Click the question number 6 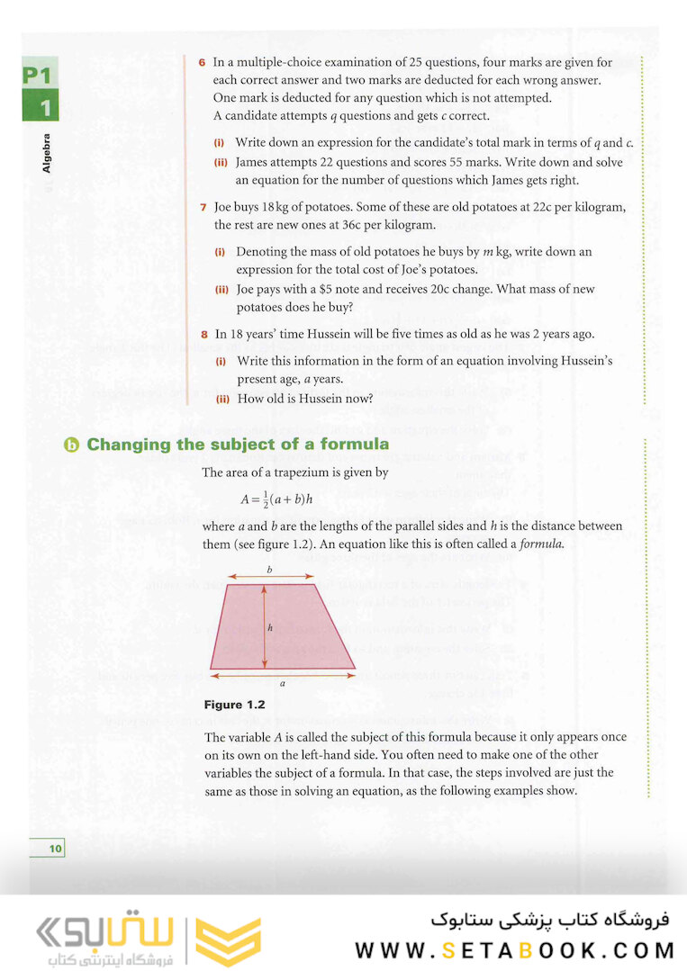(x=203, y=63)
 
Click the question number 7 (x=203, y=208)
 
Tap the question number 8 (x=203, y=335)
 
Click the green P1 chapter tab (x=41, y=76)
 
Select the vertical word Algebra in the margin (x=47, y=153)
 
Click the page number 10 (x=55, y=848)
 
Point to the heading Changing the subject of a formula (x=238, y=445)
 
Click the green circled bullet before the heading (x=72, y=445)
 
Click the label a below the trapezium (x=283, y=684)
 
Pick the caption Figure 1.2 (x=235, y=705)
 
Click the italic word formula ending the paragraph (x=543, y=544)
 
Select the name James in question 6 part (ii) (x=252, y=163)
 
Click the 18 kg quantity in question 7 (x=274, y=208)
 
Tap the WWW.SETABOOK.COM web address (x=515, y=950)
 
